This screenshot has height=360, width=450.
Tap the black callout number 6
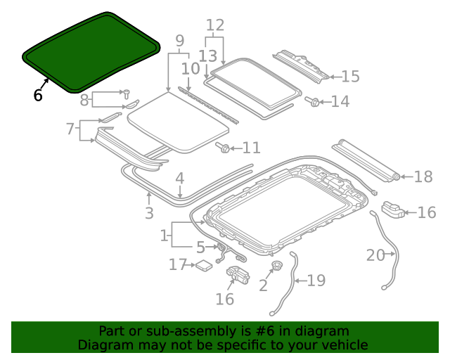pyautogui.click(x=38, y=95)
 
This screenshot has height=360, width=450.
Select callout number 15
pyautogui.click(x=350, y=77)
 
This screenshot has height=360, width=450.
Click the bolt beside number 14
pyautogui.click(x=311, y=102)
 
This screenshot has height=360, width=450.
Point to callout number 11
pyautogui.click(x=251, y=148)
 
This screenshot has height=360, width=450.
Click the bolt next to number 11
pyautogui.click(x=224, y=148)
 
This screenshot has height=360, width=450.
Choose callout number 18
pyautogui.click(x=423, y=176)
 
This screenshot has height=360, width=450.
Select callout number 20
pyautogui.click(x=375, y=255)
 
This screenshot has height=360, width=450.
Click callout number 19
pyautogui.click(x=316, y=281)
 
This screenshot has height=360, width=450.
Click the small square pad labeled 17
pyautogui.click(x=203, y=265)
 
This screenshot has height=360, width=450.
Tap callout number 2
pyautogui.click(x=263, y=285)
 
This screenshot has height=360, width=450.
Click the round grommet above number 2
pyautogui.click(x=276, y=266)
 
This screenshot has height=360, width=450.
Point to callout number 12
pyautogui.click(x=214, y=25)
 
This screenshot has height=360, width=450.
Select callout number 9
pyautogui.click(x=179, y=40)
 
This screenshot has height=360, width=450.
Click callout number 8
pyautogui.click(x=84, y=100)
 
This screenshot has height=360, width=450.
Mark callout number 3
pyautogui.click(x=149, y=212)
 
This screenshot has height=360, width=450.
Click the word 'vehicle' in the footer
pyautogui.click(x=345, y=345)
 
